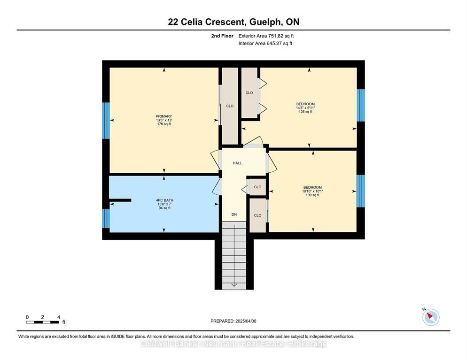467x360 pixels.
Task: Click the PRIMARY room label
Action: [x=164, y=116]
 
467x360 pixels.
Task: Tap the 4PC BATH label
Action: [x=164, y=200]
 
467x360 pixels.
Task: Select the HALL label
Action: [x=237, y=163]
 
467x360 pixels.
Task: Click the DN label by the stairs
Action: [x=234, y=214]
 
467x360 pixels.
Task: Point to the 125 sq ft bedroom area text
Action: [x=305, y=112]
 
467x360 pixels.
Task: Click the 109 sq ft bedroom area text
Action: [x=312, y=195]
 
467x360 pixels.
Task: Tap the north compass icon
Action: [x=431, y=316]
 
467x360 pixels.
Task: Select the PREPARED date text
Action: [x=233, y=321]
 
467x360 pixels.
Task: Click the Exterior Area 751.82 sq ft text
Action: [x=266, y=36]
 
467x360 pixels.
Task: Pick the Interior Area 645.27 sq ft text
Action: [x=265, y=43]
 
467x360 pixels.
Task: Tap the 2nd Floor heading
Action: [x=222, y=36]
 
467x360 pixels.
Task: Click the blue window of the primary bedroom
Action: [x=106, y=121]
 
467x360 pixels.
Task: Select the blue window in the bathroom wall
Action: [x=106, y=219]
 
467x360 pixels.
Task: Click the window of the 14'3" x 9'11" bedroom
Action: [x=361, y=105]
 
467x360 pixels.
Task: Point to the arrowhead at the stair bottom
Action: [x=234, y=285]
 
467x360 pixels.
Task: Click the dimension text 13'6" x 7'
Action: [x=164, y=204]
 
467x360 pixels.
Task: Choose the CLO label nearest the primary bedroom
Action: [x=230, y=106]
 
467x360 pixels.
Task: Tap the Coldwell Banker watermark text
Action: [x=233, y=344]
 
